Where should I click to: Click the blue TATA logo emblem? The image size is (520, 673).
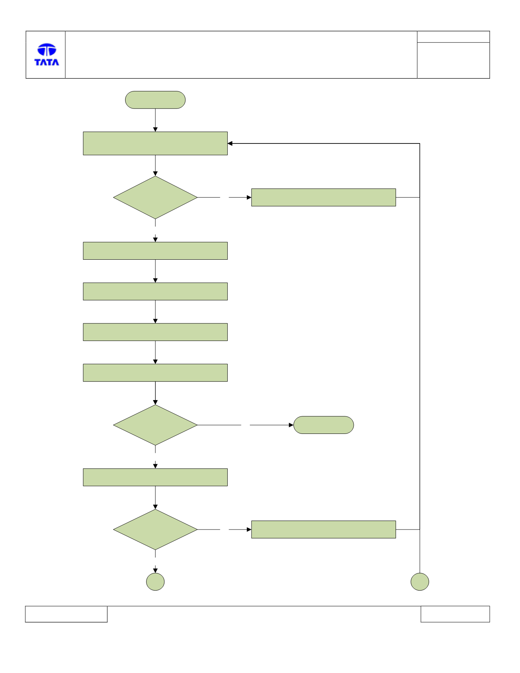click(x=47, y=50)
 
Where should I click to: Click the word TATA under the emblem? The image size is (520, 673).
click(x=47, y=62)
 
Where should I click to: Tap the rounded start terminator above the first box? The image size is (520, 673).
click(x=155, y=100)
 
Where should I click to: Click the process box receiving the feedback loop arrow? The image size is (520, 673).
click(x=155, y=143)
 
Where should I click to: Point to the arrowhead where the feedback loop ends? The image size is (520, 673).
click(x=230, y=143)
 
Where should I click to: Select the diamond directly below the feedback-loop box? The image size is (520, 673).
click(x=155, y=198)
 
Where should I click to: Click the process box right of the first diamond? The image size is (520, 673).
click(x=323, y=198)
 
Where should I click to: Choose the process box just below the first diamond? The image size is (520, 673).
click(x=155, y=251)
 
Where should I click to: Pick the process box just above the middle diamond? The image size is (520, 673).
click(x=155, y=373)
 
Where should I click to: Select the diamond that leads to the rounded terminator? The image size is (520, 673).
click(x=155, y=425)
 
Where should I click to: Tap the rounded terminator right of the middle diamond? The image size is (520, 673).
click(x=324, y=425)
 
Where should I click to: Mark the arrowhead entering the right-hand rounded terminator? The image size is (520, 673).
click(x=291, y=425)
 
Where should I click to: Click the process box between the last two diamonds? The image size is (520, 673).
click(x=155, y=477)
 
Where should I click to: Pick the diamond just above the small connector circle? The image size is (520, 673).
click(x=155, y=530)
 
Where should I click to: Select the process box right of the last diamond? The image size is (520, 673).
click(x=323, y=530)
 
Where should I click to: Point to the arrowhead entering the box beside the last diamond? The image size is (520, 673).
click(x=249, y=530)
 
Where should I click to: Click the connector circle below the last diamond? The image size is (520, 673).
click(x=155, y=582)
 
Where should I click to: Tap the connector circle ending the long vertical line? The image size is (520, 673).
click(x=420, y=582)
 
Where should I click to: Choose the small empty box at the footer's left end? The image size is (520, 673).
click(x=66, y=614)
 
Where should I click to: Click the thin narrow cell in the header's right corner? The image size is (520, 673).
click(x=453, y=37)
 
